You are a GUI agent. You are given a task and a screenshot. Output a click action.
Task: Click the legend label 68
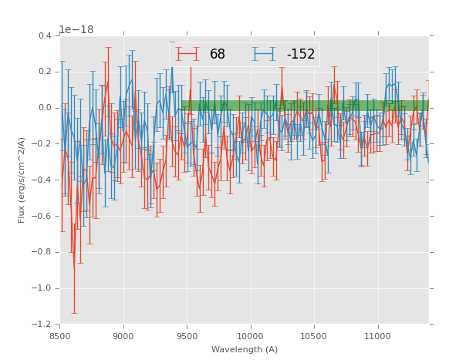(218, 54)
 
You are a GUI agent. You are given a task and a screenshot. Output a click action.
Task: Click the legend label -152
(301, 54)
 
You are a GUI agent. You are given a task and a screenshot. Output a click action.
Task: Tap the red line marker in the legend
(187, 54)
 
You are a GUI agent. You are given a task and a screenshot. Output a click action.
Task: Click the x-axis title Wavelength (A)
(245, 349)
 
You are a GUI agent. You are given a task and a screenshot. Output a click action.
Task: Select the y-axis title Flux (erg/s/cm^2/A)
(22, 180)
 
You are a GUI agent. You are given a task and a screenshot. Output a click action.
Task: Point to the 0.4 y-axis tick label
(44, 35)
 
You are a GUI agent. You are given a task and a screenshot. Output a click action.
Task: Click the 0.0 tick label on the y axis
(44, 108)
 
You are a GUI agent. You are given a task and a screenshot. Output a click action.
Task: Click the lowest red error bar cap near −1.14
(74, 313)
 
